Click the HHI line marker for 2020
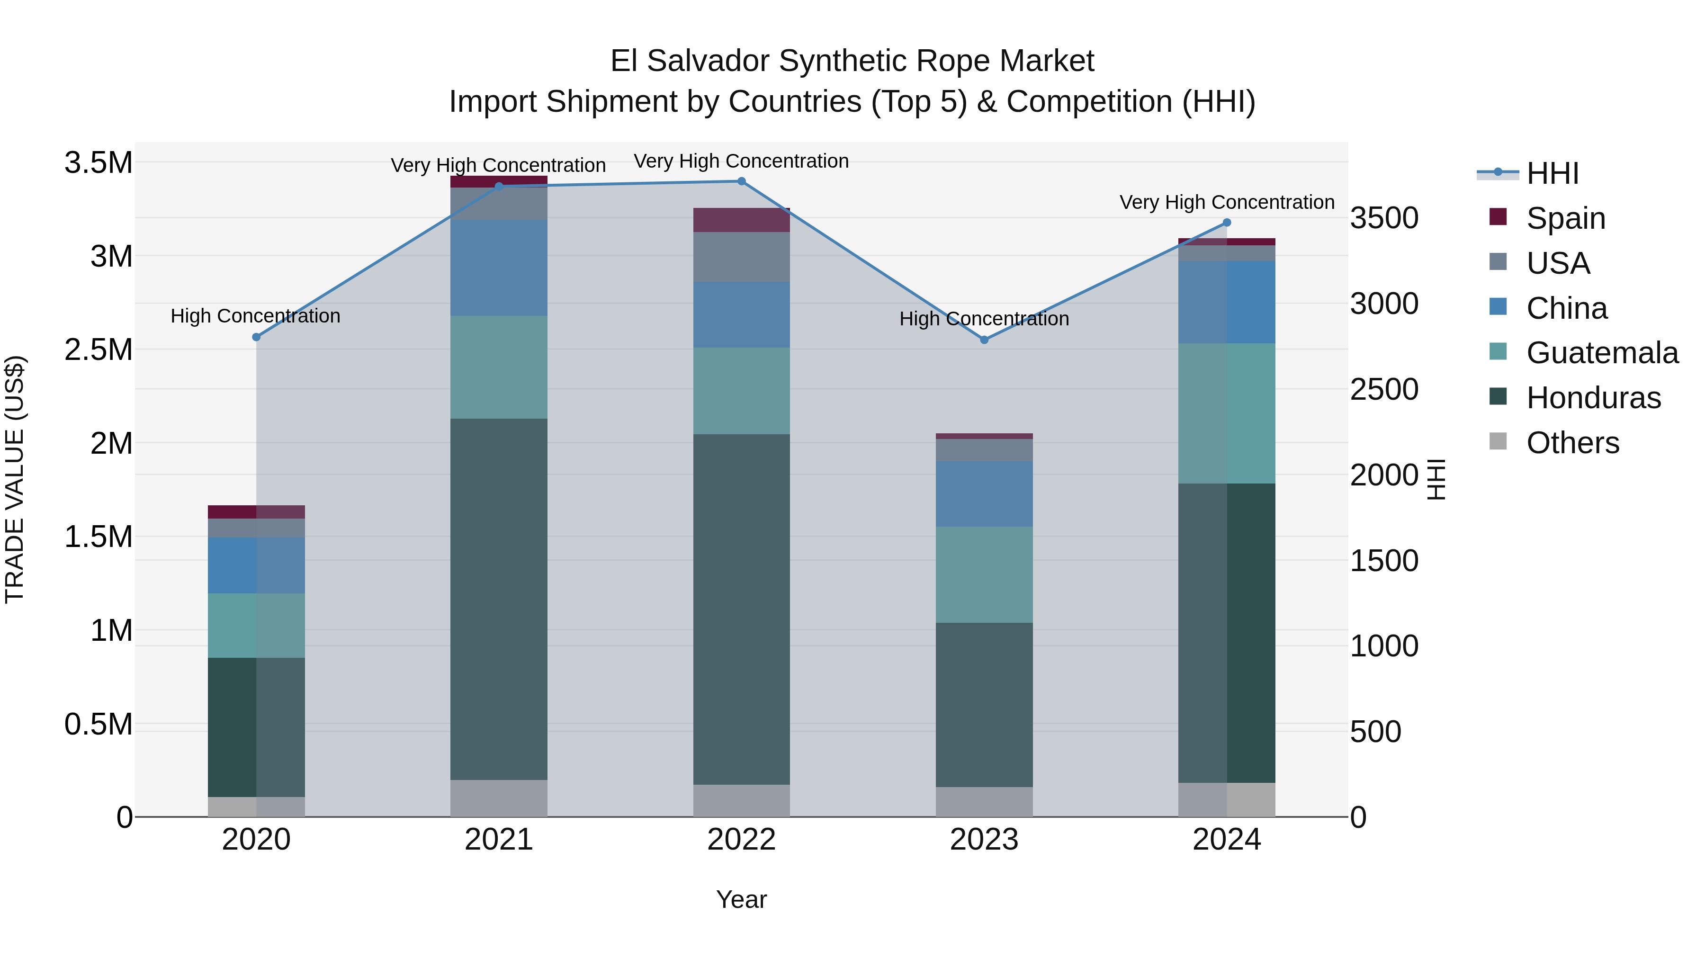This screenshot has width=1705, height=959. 257,337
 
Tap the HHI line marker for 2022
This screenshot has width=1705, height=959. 741,181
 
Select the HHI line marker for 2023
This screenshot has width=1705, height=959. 984,340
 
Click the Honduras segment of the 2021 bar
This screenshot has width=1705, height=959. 499,599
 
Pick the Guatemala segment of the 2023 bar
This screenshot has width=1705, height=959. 984,574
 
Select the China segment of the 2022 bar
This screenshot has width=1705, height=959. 741,315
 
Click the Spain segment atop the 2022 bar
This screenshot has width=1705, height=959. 741,220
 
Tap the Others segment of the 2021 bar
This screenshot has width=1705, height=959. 499,798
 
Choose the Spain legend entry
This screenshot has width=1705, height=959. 1565,218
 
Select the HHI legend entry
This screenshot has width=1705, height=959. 1552,173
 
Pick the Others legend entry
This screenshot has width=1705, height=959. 1572,443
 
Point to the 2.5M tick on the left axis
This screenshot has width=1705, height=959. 99,350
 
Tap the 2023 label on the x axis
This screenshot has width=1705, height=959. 984,840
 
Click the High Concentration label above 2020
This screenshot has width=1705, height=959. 255,316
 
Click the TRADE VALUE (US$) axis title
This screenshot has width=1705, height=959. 15,479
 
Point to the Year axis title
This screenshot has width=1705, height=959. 741,899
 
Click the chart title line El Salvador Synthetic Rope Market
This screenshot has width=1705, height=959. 852,61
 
